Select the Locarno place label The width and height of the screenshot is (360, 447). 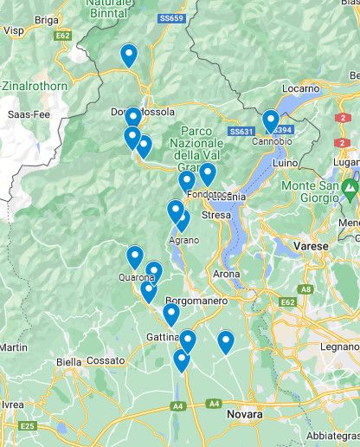[x=300, y=88]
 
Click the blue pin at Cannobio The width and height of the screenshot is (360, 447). [x=271, y=120]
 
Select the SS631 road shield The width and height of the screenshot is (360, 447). [x=241, y=132]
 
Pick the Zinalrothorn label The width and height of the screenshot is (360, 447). [x=35, y=87]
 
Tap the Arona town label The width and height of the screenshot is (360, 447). [x=226, y=274]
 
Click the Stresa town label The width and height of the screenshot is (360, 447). [x=215, y=215]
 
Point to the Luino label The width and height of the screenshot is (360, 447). [x=284, y=163]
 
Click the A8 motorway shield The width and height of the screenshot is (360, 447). [x=305, y=290]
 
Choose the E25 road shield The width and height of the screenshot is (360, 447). [x=27, y=426]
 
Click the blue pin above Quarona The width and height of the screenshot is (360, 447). [x=135, y=257]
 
